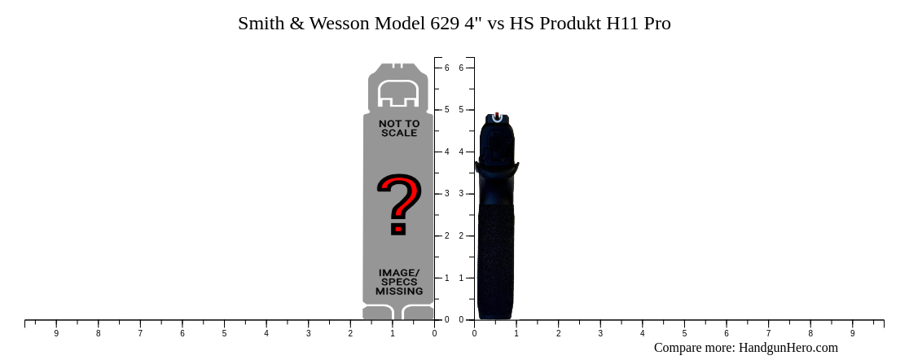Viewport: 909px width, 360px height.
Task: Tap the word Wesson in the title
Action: pos(337,24)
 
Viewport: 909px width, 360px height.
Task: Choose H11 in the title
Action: pos(623,24)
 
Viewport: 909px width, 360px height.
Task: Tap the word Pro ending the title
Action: pos(657,24)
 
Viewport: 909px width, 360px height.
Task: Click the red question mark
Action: pos(398,204)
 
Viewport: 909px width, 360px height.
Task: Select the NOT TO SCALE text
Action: pos(399,128)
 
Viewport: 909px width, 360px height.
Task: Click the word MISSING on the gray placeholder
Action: pos(399,291)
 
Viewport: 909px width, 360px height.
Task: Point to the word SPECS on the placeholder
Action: pos(399,282)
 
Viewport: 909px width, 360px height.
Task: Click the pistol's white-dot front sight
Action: pos(497,116)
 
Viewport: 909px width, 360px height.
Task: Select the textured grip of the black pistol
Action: pos(495,261)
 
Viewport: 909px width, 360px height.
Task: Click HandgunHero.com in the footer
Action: pos(788,348)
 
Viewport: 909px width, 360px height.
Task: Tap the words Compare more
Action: pos(694,348)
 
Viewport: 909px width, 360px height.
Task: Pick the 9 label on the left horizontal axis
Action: pos(56,333)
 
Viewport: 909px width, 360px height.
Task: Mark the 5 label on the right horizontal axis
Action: pos(684,333)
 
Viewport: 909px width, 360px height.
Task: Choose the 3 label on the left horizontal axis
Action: pos(308,333)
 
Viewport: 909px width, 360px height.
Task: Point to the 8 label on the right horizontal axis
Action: pos(810,333)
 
